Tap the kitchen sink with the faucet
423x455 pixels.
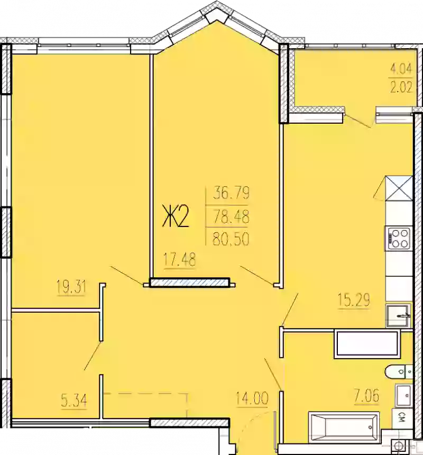click(398, 317)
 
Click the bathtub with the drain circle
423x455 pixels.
click(344, 427)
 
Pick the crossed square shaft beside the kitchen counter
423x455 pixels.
click(398, 187)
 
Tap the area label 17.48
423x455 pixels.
click(180, 260)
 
